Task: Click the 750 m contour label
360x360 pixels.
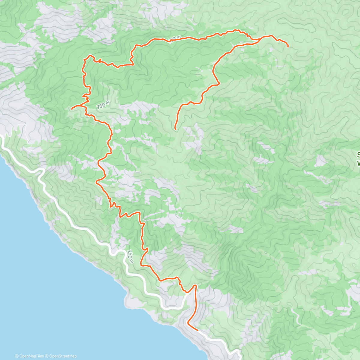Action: click(x=103, y=105)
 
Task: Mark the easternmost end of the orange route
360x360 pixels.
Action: click(x=288, y=46)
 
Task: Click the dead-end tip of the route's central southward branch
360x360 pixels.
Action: click(x=175, y=129)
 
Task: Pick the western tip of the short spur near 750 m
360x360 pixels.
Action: click(x=72, y=108)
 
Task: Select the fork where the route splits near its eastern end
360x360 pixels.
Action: click(x=260, y=39)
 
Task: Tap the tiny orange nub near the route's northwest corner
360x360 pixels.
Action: click(x=99, y=59)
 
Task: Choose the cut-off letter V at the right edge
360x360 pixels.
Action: click(x=358, y=163)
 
